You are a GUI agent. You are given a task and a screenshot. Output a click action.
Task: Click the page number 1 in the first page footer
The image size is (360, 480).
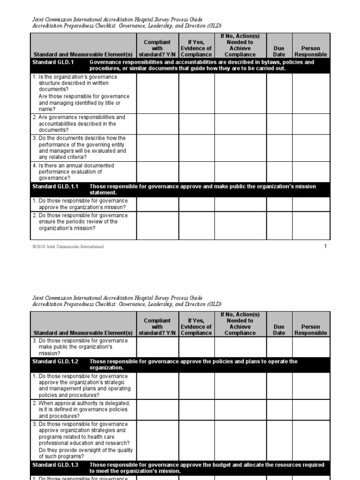[326, 247]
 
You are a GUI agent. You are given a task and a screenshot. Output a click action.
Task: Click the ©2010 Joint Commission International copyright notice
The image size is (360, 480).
[68, 247]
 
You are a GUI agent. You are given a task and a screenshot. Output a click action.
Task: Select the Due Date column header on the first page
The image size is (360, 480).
[279, 52]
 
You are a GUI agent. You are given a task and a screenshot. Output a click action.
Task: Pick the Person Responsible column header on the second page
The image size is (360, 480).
[310, 330]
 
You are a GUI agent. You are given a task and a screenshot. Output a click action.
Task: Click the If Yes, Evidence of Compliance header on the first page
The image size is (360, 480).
[196, 48]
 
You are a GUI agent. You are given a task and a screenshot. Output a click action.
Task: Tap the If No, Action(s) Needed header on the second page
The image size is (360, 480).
[240, 324]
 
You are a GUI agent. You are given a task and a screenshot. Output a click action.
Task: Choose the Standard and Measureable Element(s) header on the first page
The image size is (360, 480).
[83, 54]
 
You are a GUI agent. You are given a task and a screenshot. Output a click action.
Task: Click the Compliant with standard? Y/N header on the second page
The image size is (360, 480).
[157, 327]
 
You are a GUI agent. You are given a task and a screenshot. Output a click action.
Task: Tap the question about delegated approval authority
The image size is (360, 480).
[81, 409]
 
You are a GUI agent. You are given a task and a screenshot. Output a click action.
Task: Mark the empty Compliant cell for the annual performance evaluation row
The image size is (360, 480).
[157, 172]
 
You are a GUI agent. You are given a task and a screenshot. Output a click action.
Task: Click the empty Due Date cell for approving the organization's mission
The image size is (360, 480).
[279, 204]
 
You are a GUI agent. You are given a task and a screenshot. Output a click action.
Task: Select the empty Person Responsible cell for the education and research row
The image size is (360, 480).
[310, 440]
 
